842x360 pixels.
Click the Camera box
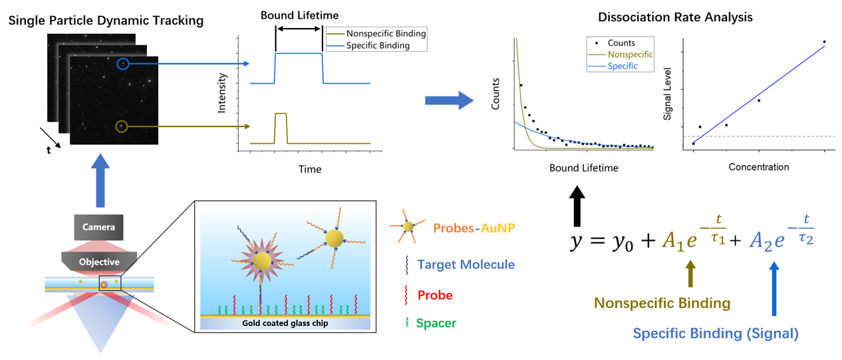click(x=98, y=227)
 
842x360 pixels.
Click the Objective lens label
click(x=99, y=262)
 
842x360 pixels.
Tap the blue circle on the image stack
click(x=123, y=64)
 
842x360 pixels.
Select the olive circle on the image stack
click(x=122, y=126)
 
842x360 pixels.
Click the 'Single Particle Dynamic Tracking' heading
click(x=106, y=21)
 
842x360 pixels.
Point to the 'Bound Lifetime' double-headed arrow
click(x=299, y=29)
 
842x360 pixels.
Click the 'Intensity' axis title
click(x=221, y=93)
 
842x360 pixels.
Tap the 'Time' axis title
click(x=310, y=169)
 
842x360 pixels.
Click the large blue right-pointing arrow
click(x=449, y=100)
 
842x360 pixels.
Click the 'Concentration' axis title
click(x=759, y=167)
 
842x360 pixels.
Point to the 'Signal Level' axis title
click(x=667, y=94)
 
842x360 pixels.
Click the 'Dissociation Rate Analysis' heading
click(x=675, y=17)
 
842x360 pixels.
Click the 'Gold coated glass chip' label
click(x=285, y=323)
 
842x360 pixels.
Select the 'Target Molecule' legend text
click(x=466, y=264)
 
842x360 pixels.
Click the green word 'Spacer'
click(x=436, y=323)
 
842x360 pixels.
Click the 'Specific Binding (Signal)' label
click(x=716, y=333)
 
